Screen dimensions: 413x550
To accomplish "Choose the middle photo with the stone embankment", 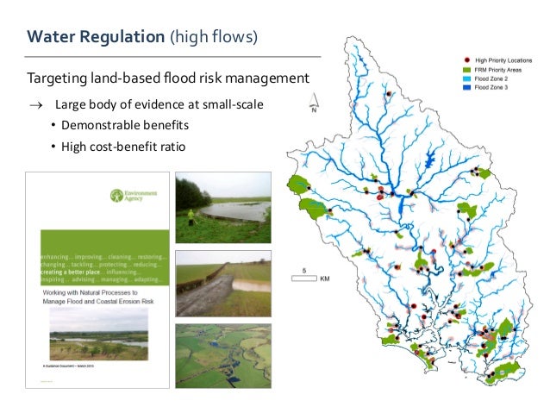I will point(222,284).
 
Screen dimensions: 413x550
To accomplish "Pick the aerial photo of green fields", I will point(222,355).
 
